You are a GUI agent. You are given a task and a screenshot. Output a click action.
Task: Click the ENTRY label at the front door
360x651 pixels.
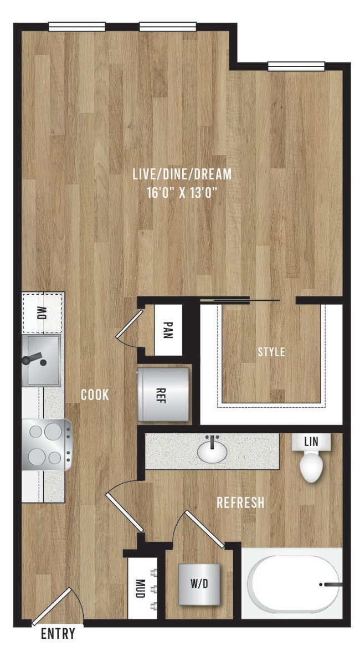(x=58, y=633)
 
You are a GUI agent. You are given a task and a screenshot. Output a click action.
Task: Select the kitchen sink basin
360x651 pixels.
(x=42, y=360)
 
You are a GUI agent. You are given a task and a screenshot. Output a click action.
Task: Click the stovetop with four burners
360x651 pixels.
(x=47, y=445)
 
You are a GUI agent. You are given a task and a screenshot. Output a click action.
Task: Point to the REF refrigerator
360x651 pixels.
(x=164, y=395)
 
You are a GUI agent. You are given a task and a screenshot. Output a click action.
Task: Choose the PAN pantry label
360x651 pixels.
(x=168, y=330)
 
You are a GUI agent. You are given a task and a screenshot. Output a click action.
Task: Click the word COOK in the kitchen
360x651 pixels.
(x=95, y=395)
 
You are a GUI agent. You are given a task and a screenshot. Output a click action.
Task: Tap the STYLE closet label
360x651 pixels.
(x=271, y=352)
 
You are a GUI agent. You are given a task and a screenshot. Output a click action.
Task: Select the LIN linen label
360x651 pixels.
(x=311, y=442)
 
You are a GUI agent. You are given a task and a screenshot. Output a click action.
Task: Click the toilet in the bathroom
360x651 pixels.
(x=311, y=465)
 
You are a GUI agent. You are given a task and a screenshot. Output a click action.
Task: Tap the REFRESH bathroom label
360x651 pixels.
(x=240, y=503)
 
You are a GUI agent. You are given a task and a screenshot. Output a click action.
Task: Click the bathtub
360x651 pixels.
(x=294, y=584)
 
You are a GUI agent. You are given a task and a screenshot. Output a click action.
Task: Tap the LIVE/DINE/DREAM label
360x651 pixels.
(x=182, y=175)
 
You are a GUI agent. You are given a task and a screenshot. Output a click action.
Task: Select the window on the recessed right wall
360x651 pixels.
(x=296, y=67)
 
